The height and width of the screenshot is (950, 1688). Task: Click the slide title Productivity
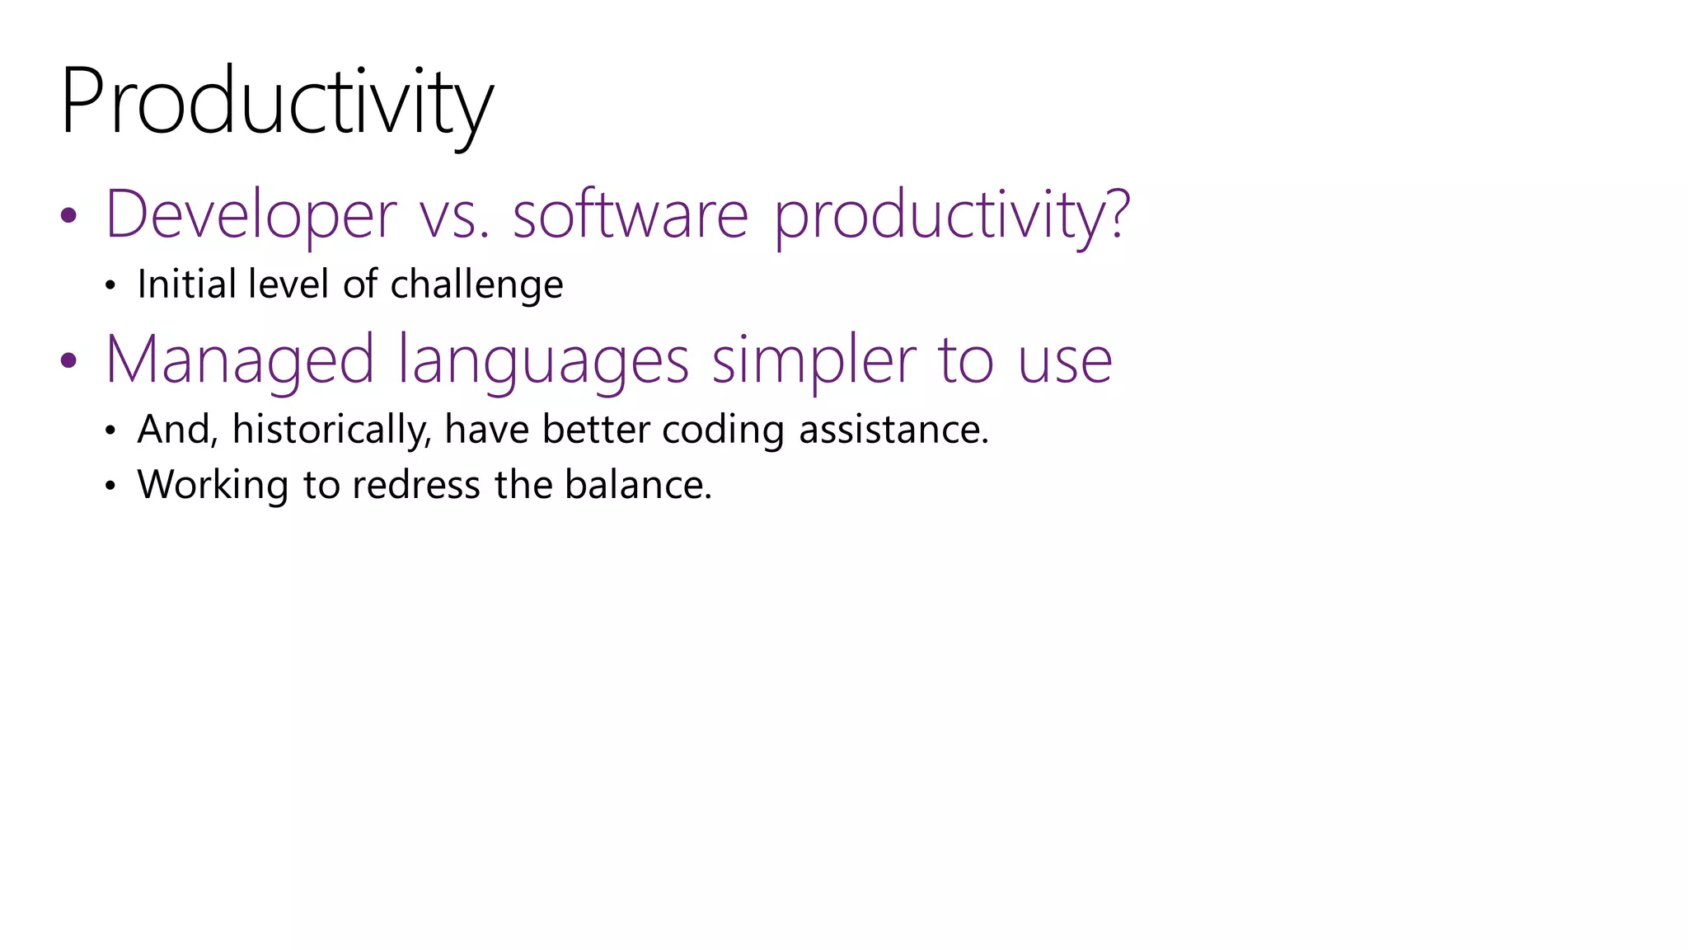276,103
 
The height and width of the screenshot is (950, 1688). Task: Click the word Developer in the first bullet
251,214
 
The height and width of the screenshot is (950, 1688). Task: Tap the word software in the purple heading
630,214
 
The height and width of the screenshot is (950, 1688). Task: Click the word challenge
476,285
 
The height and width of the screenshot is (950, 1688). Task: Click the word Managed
240,360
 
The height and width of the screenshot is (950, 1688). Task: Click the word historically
331,430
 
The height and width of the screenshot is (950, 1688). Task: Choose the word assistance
893,430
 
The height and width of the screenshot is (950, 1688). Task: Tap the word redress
415,484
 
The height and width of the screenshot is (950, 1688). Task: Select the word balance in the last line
636,484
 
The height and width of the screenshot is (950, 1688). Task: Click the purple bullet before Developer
68,216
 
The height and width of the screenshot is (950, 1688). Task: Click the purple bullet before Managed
68,360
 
